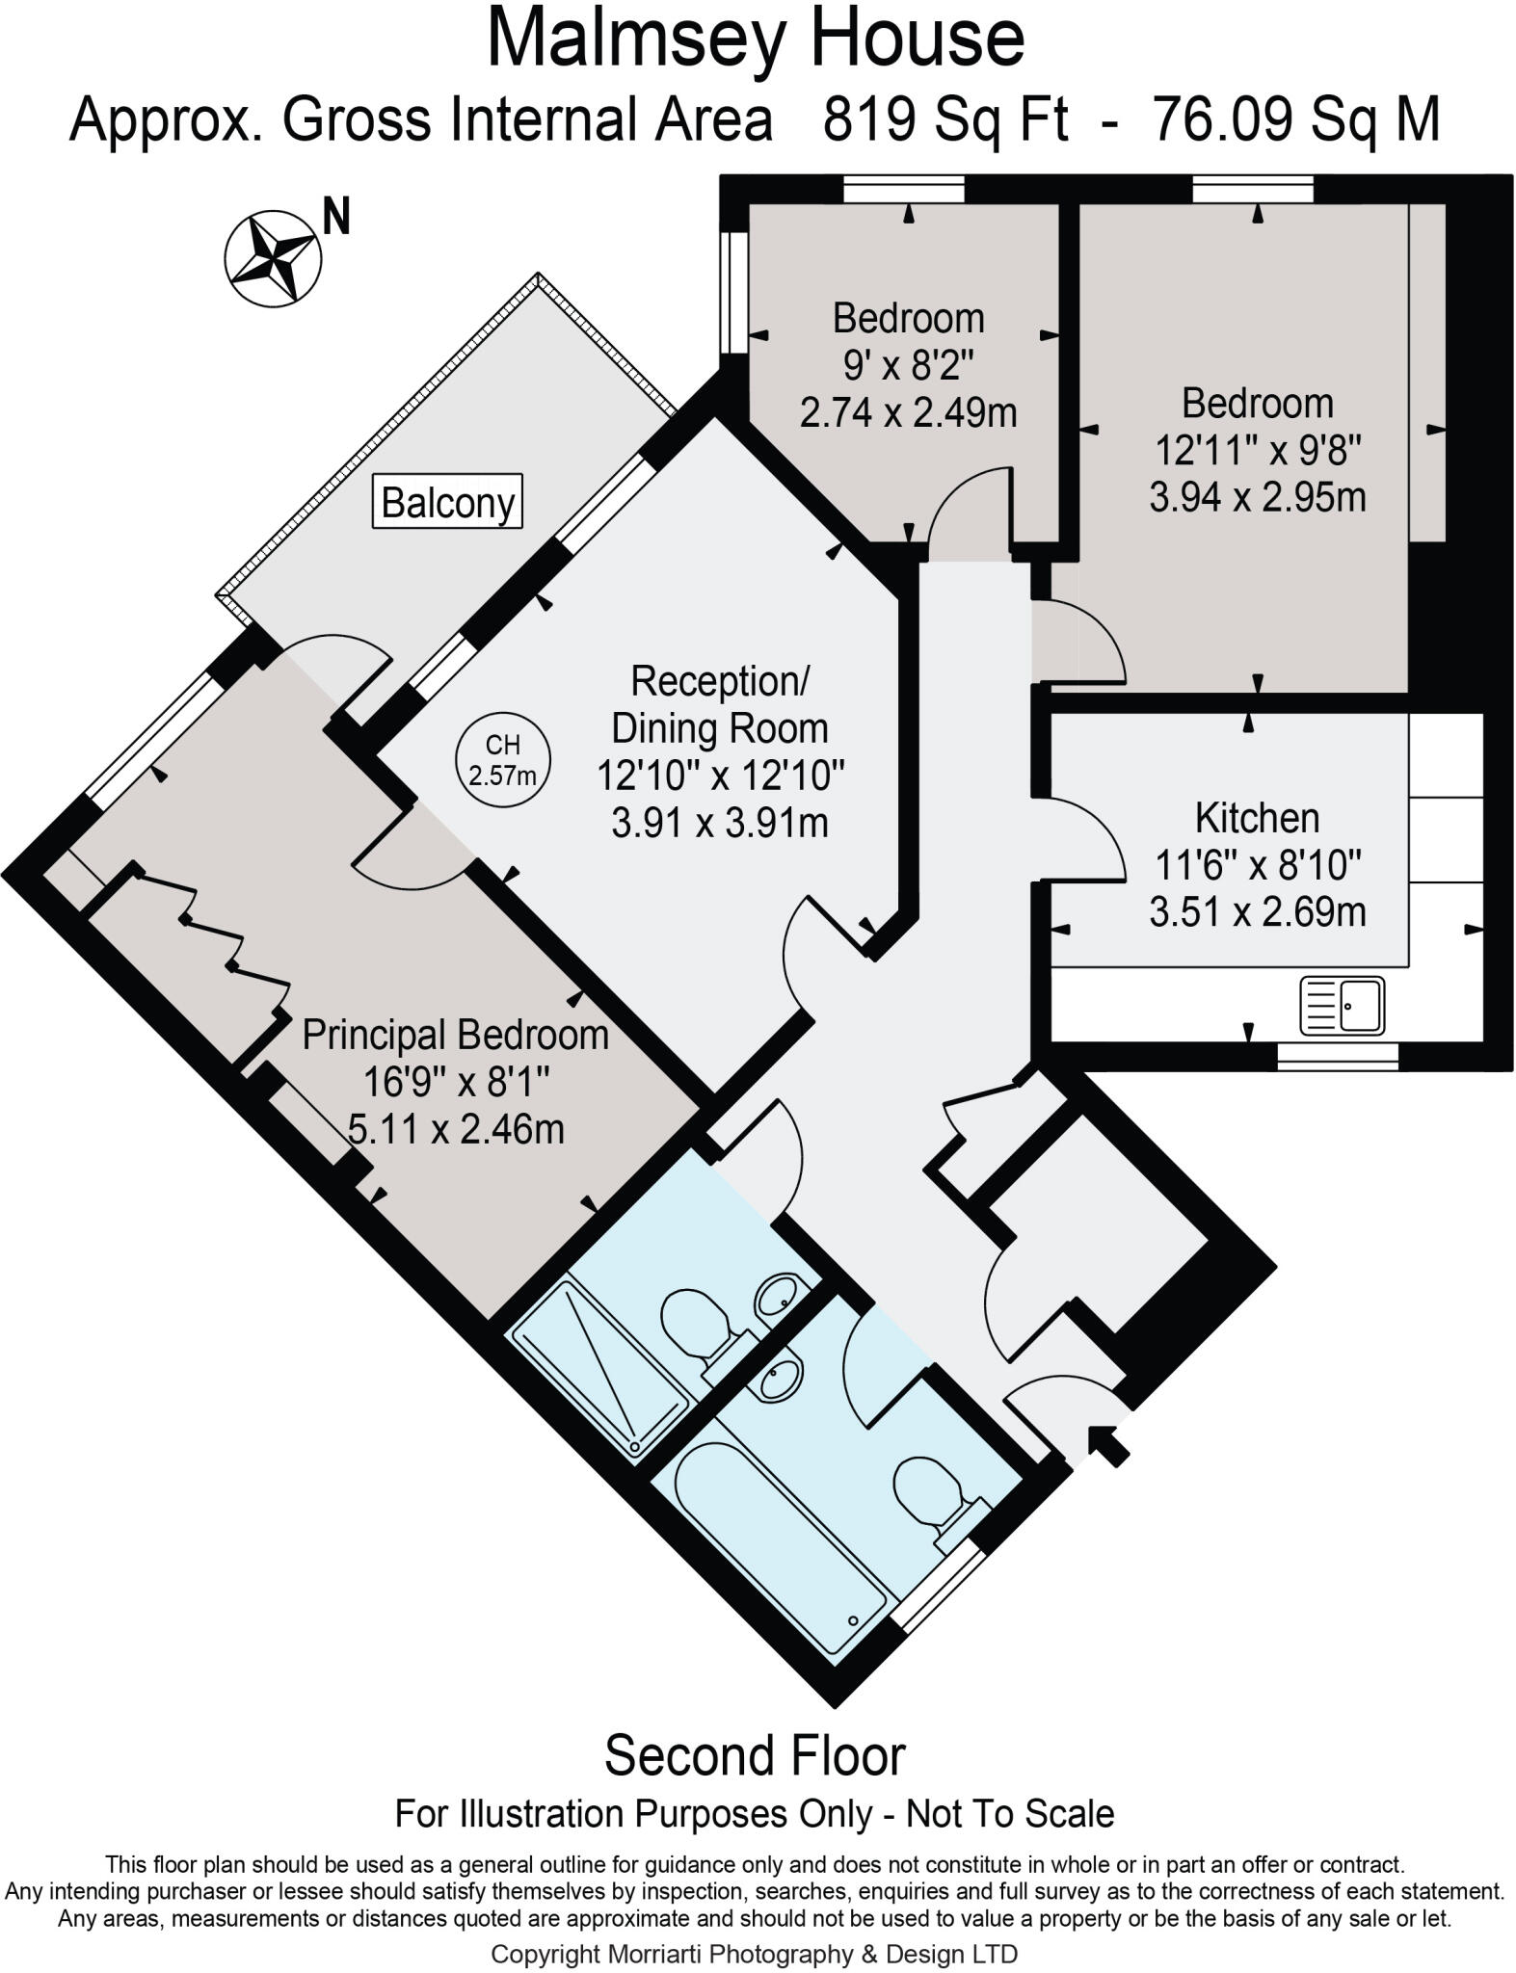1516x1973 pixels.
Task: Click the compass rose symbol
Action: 273,258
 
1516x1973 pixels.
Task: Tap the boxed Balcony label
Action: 447,501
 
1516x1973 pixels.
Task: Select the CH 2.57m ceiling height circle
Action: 502,759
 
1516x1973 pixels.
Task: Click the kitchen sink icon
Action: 1342,1005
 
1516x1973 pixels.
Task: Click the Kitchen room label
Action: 1257,818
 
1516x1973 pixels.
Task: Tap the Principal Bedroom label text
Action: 455,1036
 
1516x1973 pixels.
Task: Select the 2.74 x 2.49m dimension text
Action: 908,413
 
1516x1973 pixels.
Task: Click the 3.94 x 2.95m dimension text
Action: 1257,497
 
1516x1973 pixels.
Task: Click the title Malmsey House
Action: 756,39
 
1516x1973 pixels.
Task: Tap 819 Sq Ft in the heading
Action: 944,121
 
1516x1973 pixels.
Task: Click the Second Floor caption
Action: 755,1755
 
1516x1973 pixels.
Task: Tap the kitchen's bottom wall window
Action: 1338,1057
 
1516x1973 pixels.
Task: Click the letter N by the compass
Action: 335,217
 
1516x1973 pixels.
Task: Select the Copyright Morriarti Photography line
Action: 754,1954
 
